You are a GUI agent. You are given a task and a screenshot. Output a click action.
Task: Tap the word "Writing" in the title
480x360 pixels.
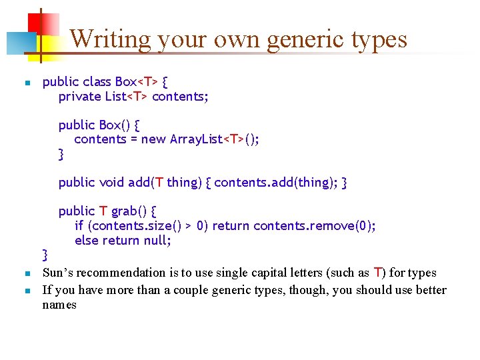click(110, 39)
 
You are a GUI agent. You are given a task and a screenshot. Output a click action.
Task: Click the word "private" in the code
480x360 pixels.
click(80, 97)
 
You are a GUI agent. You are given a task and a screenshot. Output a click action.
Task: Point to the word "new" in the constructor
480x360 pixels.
click(154, 139)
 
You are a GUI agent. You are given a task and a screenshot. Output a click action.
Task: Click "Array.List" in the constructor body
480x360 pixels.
click(196, 139)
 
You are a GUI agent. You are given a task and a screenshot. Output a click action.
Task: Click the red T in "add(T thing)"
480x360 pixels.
click(159, 182)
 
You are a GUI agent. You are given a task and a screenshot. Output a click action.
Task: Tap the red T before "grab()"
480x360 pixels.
click(103, 211)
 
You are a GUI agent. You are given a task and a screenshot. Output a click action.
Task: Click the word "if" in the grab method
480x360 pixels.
click(79, 226)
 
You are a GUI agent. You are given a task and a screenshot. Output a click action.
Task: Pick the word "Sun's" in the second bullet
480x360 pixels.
click(58, 273)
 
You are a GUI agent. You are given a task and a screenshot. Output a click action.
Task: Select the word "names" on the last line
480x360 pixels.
click(59, 305)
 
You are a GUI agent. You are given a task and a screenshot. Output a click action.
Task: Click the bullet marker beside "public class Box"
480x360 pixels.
click(25, 83)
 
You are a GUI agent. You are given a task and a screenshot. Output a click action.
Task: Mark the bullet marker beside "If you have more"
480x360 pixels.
click(25, 291)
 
